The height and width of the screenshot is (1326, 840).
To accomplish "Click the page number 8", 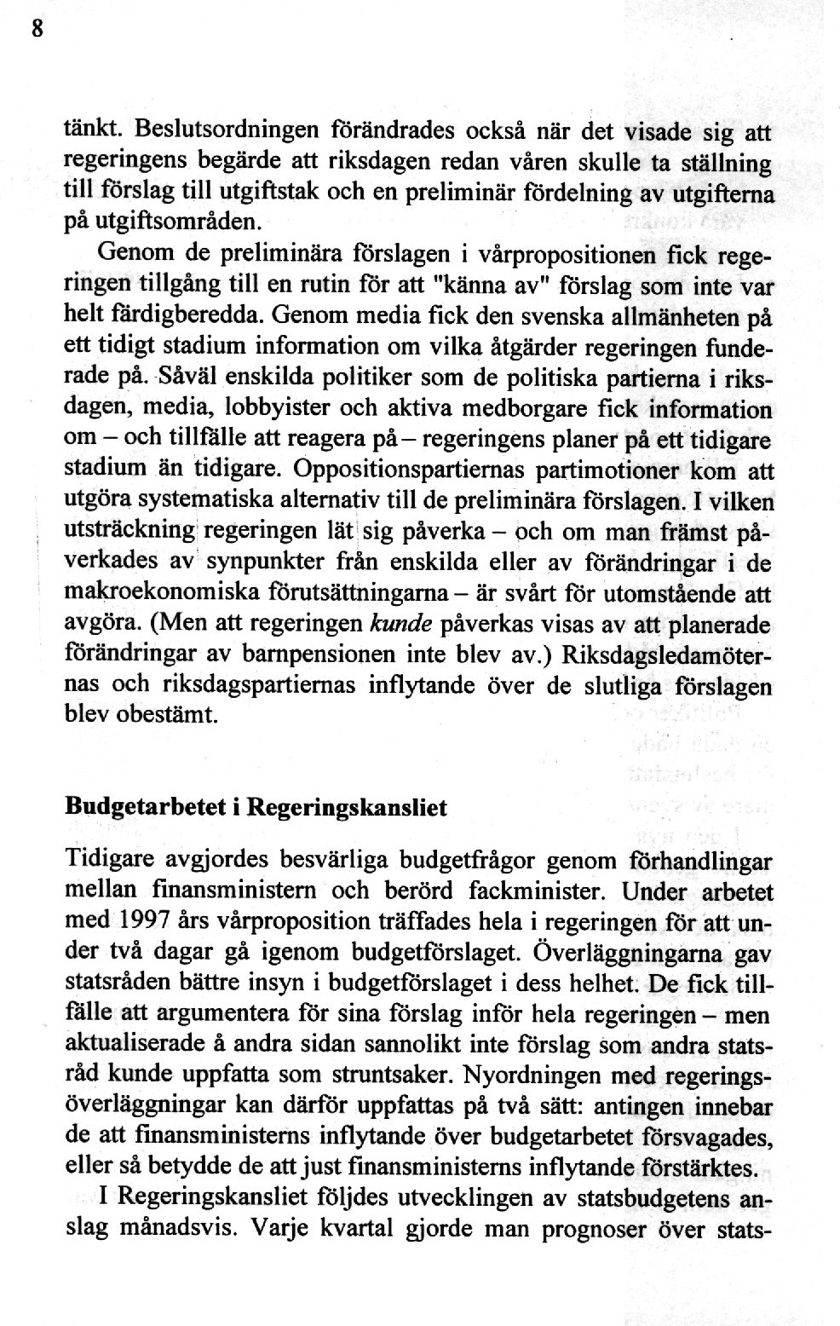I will [x=36, y=28].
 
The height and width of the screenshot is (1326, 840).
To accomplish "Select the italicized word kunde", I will [x=397, y=626].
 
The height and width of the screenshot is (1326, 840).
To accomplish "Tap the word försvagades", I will [x=714, y=1137].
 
